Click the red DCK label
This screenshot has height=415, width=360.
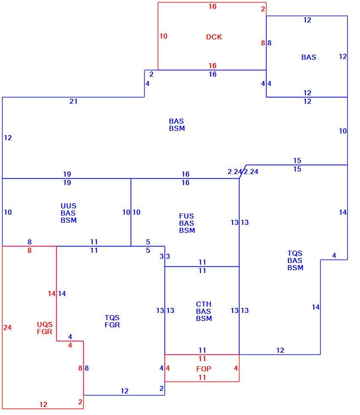pyautogui.click(x=214, y=37)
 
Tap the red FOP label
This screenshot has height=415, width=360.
pyautogui.click(x=203, y=369)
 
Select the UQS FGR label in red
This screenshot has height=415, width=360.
pyautogui.click(x=44, y=328)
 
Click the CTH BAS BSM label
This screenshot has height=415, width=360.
pyautogui.click(x=204, y=311)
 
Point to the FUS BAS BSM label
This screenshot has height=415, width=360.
pyautogui.click(x=187, y=224)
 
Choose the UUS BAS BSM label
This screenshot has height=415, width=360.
pyautogui.click(x=69, y=213)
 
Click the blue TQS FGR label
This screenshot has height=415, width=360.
pyautogui.click(x=112, y=321)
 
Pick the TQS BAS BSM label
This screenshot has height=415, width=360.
pyautogui.click(x=295, y=260)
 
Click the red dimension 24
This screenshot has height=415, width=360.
pyautogui.click(x=7, y=327)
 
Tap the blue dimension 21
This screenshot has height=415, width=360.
pyautogui.click(x=73, y=101)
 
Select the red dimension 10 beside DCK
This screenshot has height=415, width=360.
pyautogui.click(x=163, y=36)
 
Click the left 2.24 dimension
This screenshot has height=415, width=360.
pyautogui.click(x=234, y=172)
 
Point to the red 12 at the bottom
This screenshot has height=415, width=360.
pyautogui.click(x=43, y=404)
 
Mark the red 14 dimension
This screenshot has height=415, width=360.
pyautogui.click(x=52, y=293)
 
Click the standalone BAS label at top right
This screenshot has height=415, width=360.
pyautogui.click(x=308, y=57)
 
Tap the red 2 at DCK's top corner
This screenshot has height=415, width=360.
pyautogui.click(x=263, y=9)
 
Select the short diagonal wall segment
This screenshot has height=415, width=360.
pyautogui.click(x=243, y=172)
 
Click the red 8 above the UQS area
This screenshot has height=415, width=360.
pyautogui.click(x=29, y=250)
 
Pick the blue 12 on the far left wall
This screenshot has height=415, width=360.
pyautogui.click(x=8, y=138)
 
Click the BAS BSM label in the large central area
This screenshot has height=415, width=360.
pyautogui.click(x=177, y=125)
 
